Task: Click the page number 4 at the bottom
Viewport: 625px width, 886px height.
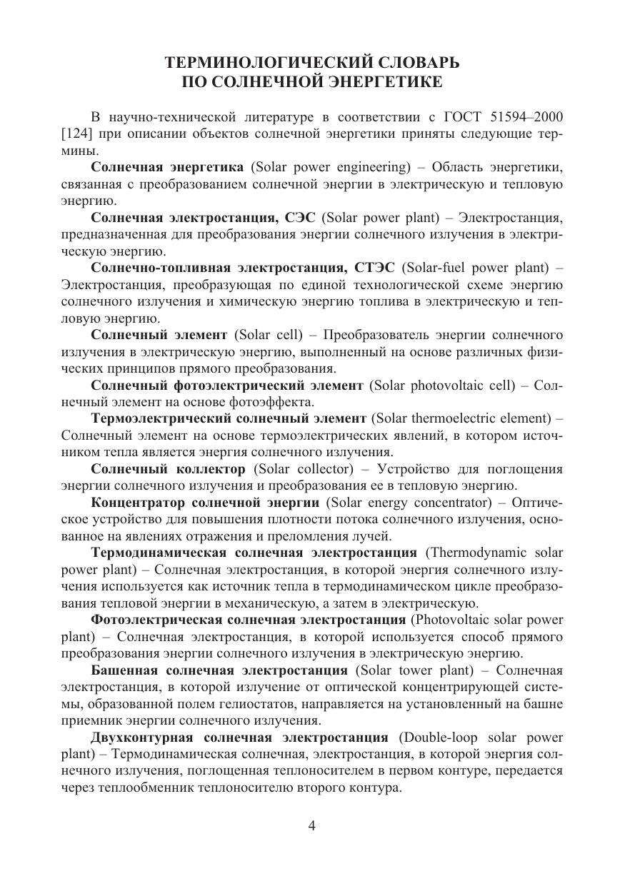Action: (311, 826)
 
